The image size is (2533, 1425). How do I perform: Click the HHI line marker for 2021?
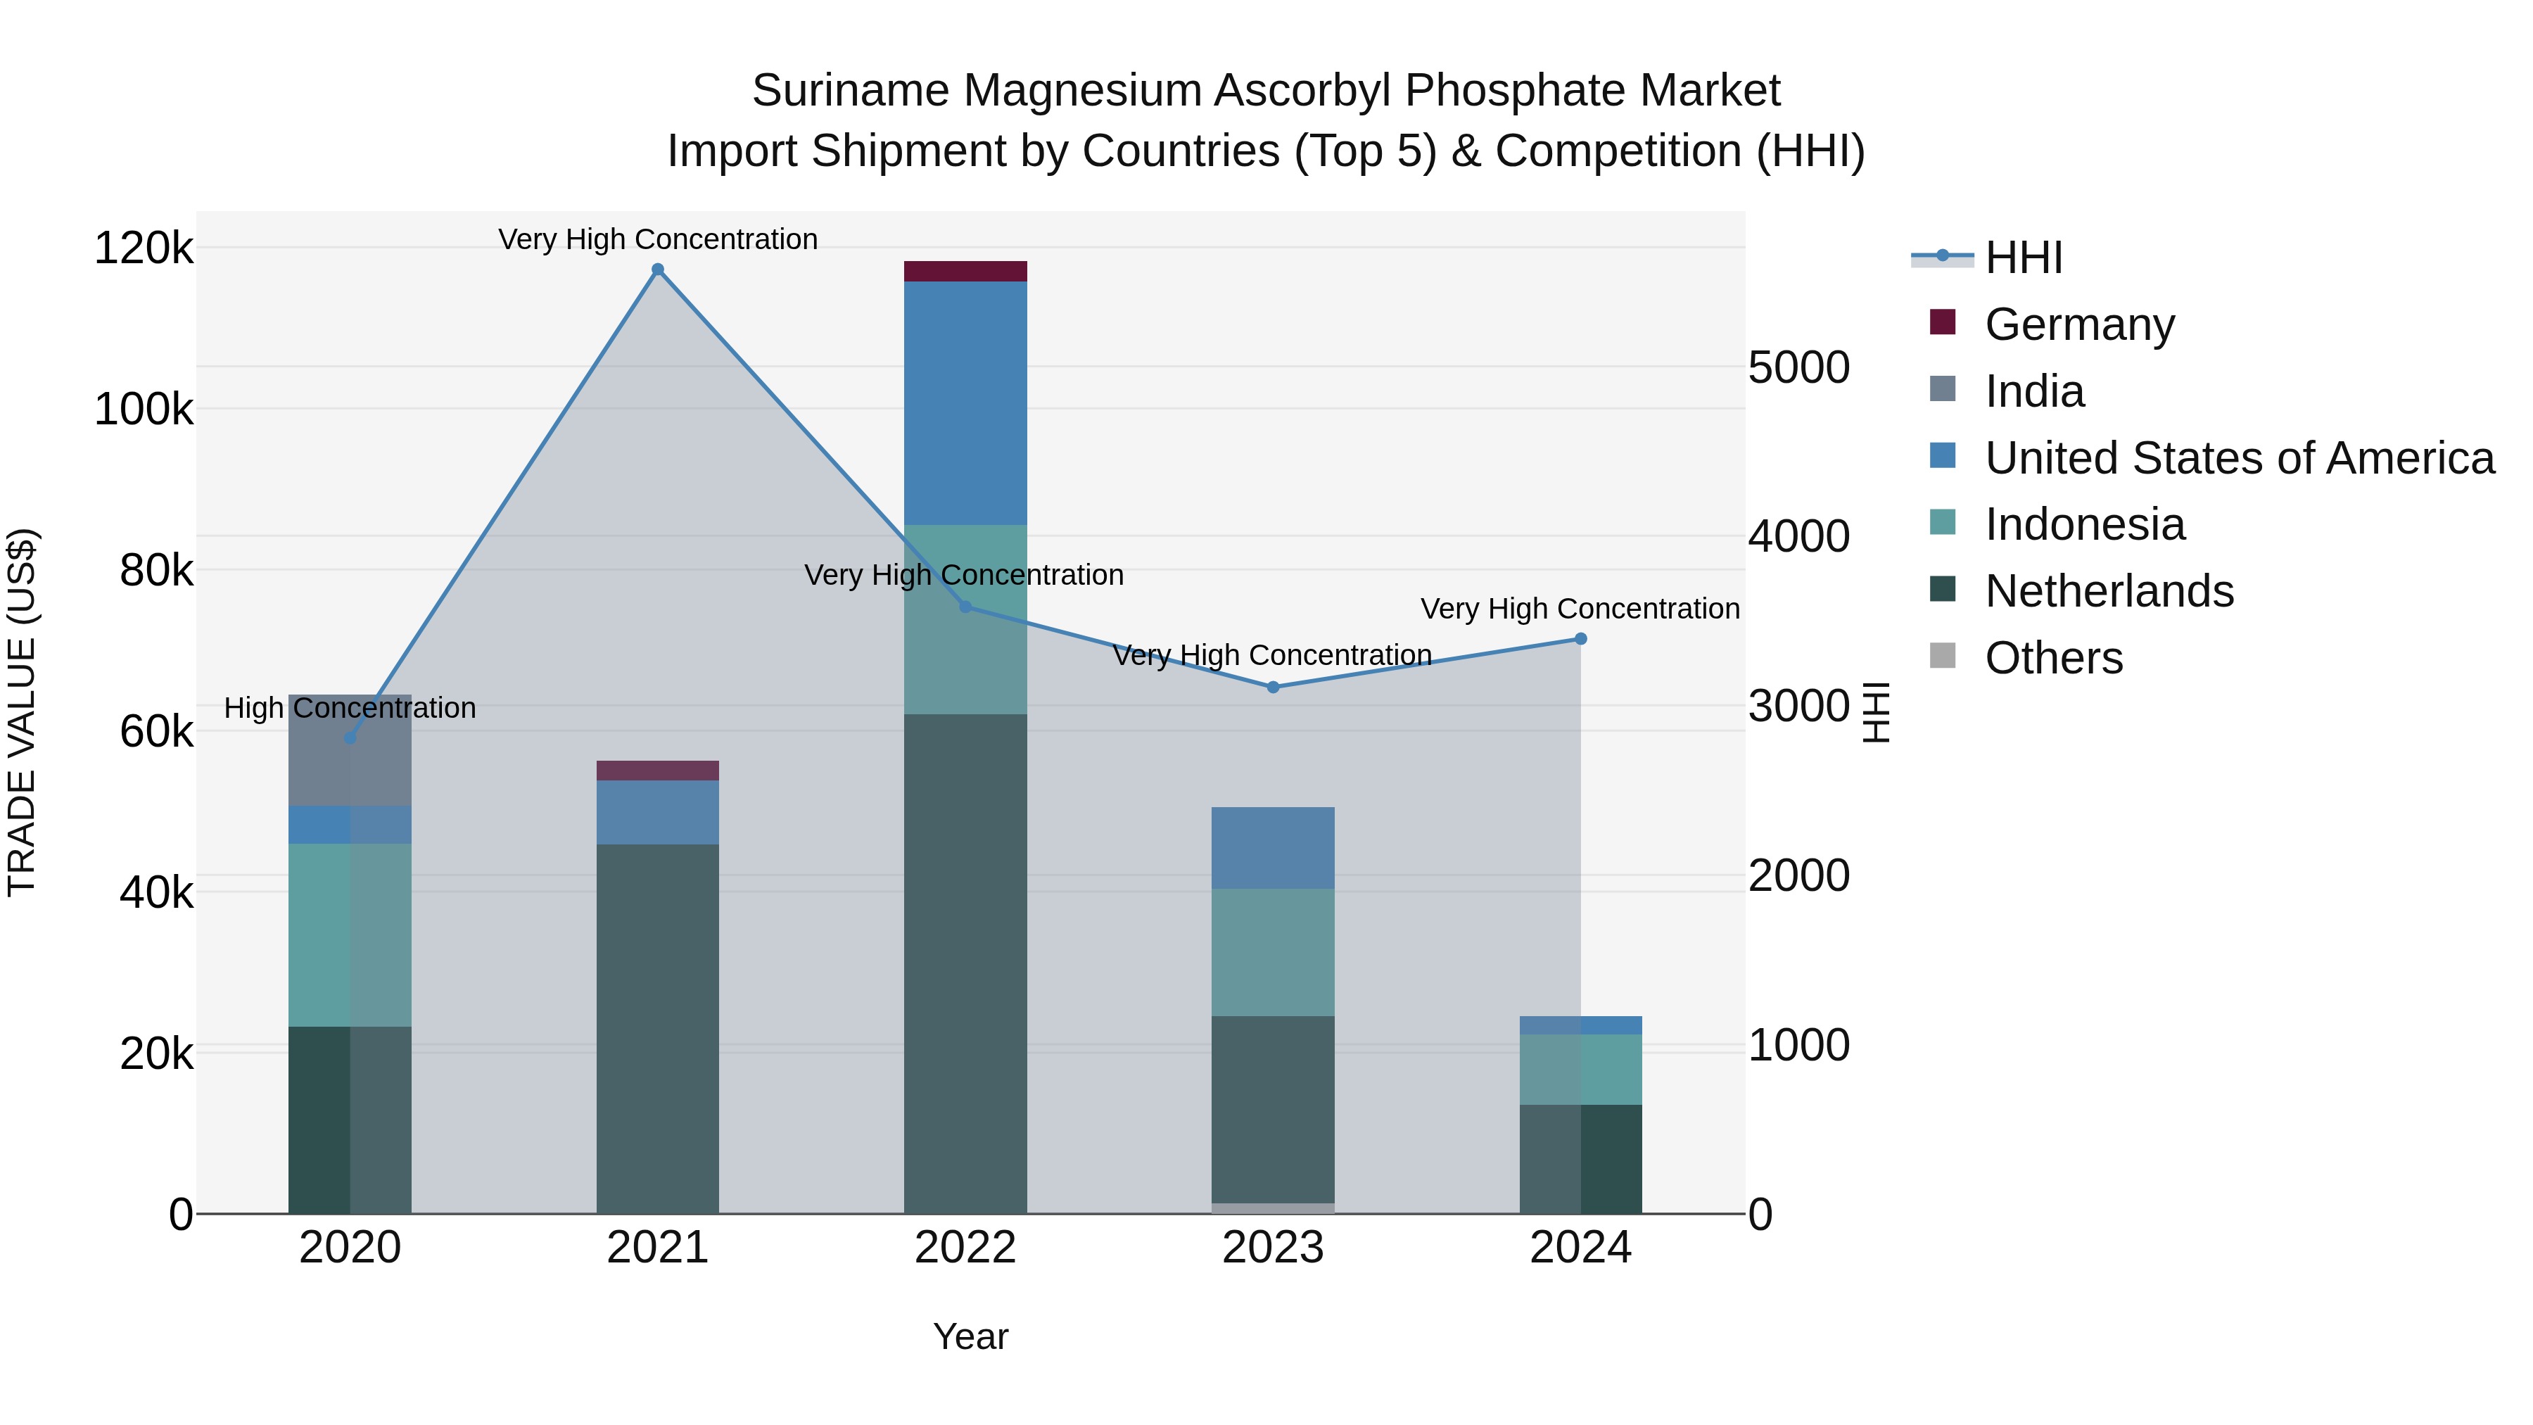(x=658, y=270)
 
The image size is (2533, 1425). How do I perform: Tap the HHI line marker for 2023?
(x=1272, y=686)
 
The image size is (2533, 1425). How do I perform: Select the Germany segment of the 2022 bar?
(x=965, y=272)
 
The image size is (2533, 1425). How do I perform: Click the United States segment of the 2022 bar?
(x=965, y=403)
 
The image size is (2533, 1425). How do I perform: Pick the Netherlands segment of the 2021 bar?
(x=658, y=1027)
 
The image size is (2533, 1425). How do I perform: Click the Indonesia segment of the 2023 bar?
(x=1272, y=952)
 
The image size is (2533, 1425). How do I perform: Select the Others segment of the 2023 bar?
(x=1272, y=1208)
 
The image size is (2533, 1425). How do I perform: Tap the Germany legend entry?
(x=2078, y=324)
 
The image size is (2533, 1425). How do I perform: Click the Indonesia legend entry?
(x=2083, y=524)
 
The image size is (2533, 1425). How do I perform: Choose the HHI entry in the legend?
(x=2024, y=258)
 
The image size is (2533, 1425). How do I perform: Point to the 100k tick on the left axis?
(x=144, y=409)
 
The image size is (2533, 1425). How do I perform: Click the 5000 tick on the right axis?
(x=1798, y=368)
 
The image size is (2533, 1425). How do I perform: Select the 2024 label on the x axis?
(x=1580, y=1248)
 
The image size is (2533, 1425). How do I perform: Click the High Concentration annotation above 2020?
(x=350, y=708)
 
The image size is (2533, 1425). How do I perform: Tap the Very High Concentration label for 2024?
(x=1580, y=609)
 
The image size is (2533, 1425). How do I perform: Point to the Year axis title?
(x=970, y=1336)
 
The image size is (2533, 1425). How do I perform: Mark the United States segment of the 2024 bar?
(x=1580, y=1025)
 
